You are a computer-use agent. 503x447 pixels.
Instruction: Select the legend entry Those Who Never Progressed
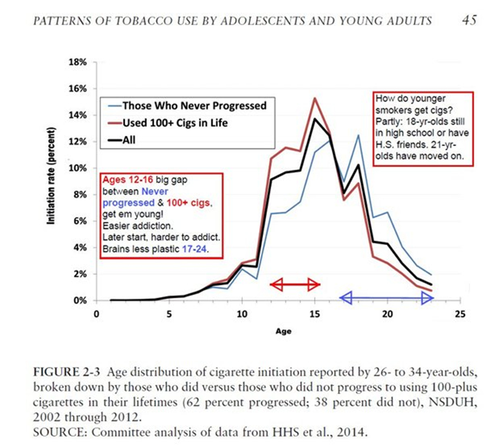[194, 106]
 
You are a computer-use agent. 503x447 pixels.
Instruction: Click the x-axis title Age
[284, 332]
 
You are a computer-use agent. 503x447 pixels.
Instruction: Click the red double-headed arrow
[296, 284]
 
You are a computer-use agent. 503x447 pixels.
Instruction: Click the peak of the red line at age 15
[314, 98]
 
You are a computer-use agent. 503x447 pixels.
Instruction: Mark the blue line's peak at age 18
[358, 135]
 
